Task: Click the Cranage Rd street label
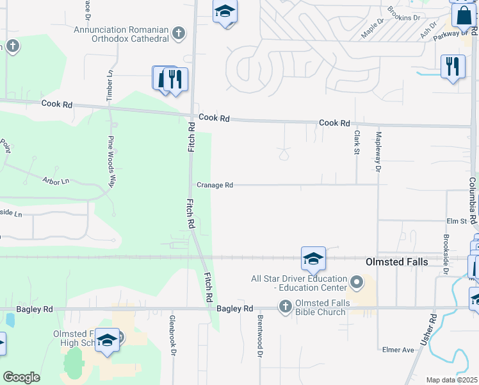point(215,185)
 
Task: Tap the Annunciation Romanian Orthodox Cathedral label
point(121,34)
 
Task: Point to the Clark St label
point(357,142)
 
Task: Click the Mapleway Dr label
point(378,152)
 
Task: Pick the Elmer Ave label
point(398,350)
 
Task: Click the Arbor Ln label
point(56,181)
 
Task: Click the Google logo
point(21,377)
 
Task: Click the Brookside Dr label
point(446,254)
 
